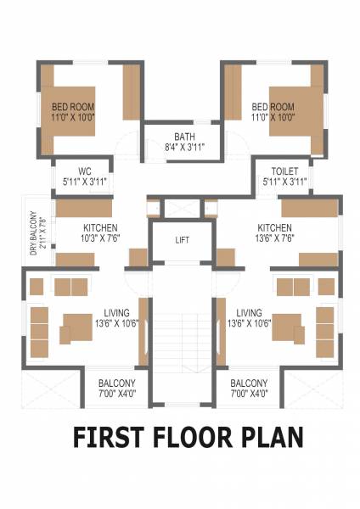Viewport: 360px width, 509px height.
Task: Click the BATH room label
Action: tap(183, 137)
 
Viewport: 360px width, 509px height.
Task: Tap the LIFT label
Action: tap(182, 240)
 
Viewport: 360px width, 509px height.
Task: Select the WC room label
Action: tap(84, 171)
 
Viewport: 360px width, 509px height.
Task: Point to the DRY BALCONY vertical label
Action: tap(35, 233)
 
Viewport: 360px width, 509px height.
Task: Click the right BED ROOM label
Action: tap(273, 106)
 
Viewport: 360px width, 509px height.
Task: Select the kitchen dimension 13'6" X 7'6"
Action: tap(275, 238)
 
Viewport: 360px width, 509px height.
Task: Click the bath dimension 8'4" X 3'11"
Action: tap(183, 147)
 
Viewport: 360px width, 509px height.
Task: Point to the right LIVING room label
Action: tap(249, 312)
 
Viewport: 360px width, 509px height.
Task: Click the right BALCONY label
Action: tap(249, 383)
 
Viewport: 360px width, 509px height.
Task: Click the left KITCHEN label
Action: tap(100, 228)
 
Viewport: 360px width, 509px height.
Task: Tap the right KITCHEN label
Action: tap(275, 228)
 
